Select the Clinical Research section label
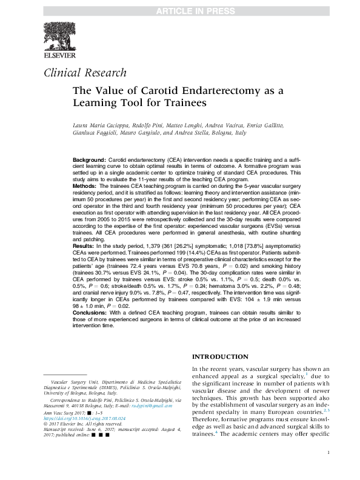[85, 73]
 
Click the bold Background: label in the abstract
[90, 158]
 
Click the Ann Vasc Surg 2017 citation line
[69, 412]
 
